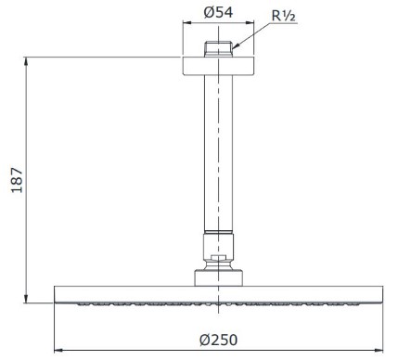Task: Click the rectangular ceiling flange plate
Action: [x=217, y=65]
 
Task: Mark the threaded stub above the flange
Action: [x=217, y=48]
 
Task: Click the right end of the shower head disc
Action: [x=378, y=292]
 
